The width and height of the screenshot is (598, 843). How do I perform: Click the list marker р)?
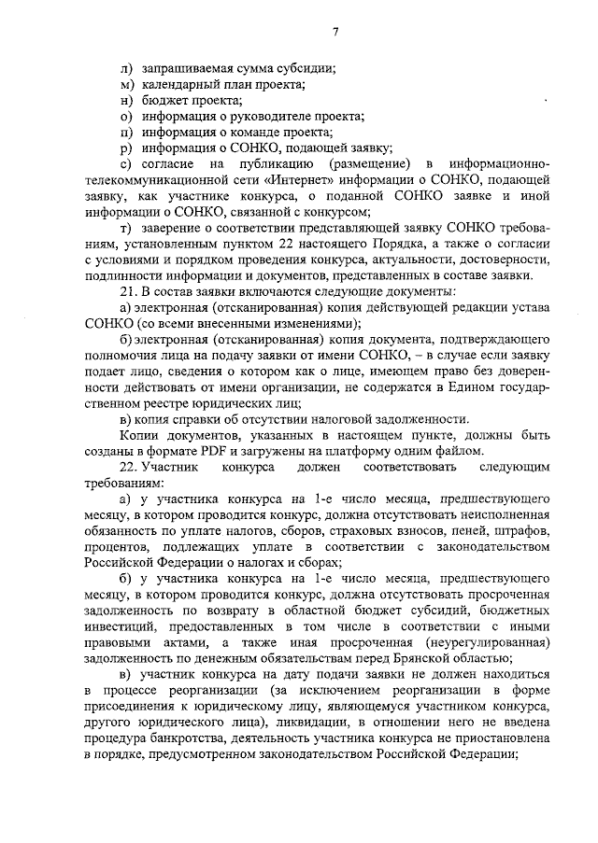click(x=127, y=149)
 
